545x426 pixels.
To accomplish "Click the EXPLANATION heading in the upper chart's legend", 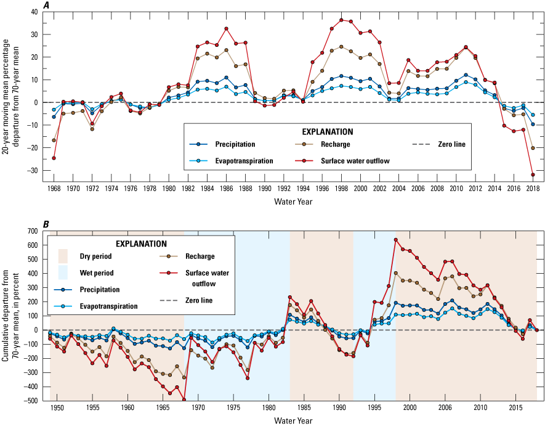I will click(327, 131).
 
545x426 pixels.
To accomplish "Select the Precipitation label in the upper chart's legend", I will click(235, 144).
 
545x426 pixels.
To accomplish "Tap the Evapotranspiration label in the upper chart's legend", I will click(244, 161).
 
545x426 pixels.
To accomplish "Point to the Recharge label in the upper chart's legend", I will click(335, 144).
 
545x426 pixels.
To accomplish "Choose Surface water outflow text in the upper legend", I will click(355, 161).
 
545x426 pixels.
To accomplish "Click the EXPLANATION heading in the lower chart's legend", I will click(141, 244).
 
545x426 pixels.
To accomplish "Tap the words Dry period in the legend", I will click(96, 256).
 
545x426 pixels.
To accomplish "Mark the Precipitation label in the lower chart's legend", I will click(99, 289).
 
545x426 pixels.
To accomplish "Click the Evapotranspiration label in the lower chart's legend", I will click(108, 306).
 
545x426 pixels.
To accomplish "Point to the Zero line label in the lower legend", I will click(199, 300).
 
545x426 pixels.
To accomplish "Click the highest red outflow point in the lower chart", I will click(396, 240).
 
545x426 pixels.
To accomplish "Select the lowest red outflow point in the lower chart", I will click(184, 399).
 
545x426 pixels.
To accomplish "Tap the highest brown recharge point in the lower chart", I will click(395, 272).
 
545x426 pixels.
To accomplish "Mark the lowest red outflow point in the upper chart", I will click(533, 175).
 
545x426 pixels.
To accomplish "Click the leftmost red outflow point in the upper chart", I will click(54, 158).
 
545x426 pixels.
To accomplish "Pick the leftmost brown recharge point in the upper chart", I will click(54, 140).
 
